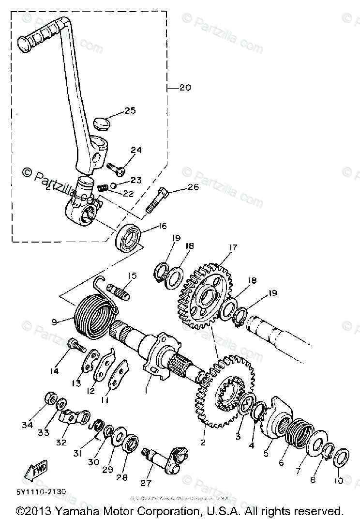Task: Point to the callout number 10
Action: (x=339, y=481)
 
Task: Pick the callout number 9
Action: (x=54, y=321)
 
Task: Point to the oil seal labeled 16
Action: (x=129, y=237)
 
